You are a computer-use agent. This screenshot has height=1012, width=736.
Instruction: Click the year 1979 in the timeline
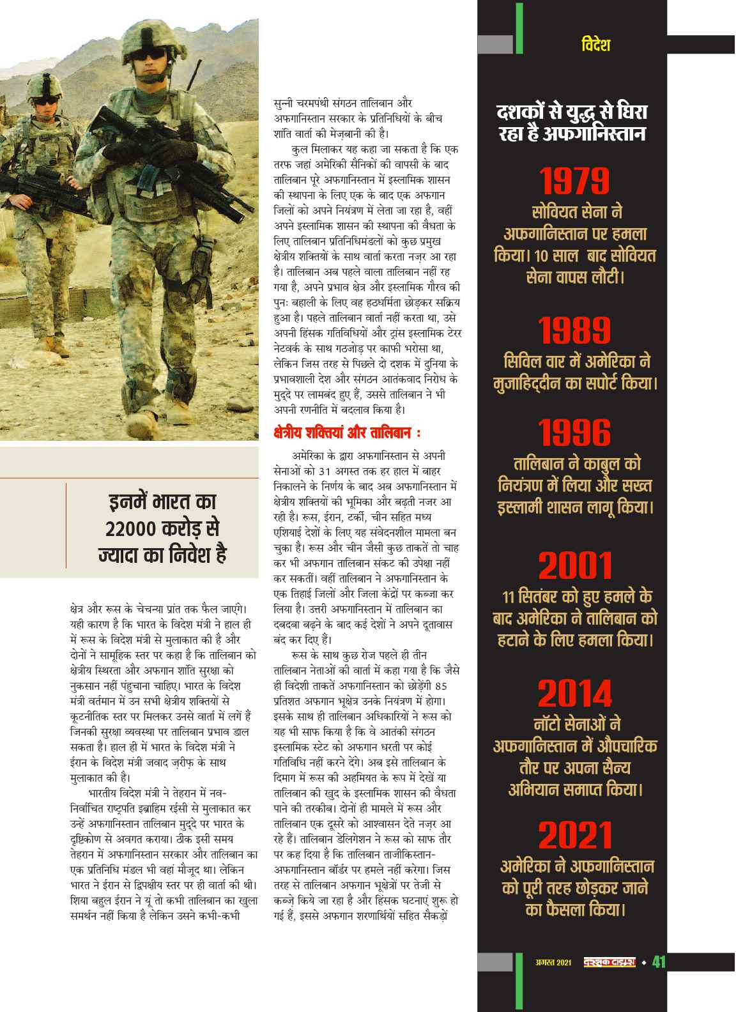tap(573, 181)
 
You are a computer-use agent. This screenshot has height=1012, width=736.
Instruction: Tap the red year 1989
tap(573, 330)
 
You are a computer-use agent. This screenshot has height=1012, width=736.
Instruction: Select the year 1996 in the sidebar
tap(573, 433)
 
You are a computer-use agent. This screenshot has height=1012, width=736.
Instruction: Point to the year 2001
tap(574, 566)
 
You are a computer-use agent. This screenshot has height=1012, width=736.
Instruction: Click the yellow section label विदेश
tap(596, 45)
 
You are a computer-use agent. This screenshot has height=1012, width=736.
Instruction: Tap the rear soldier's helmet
tap(45, 82)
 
